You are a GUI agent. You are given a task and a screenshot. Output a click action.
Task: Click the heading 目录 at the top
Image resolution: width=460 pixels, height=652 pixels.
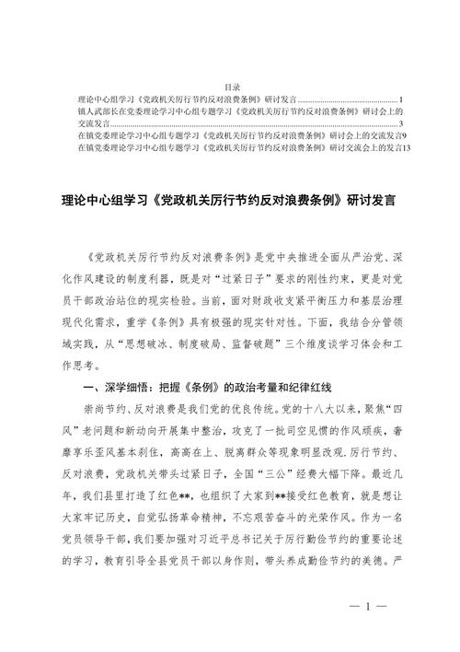pos(231,87)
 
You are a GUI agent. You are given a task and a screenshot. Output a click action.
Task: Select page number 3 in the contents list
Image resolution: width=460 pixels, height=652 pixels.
pos(402,122)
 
